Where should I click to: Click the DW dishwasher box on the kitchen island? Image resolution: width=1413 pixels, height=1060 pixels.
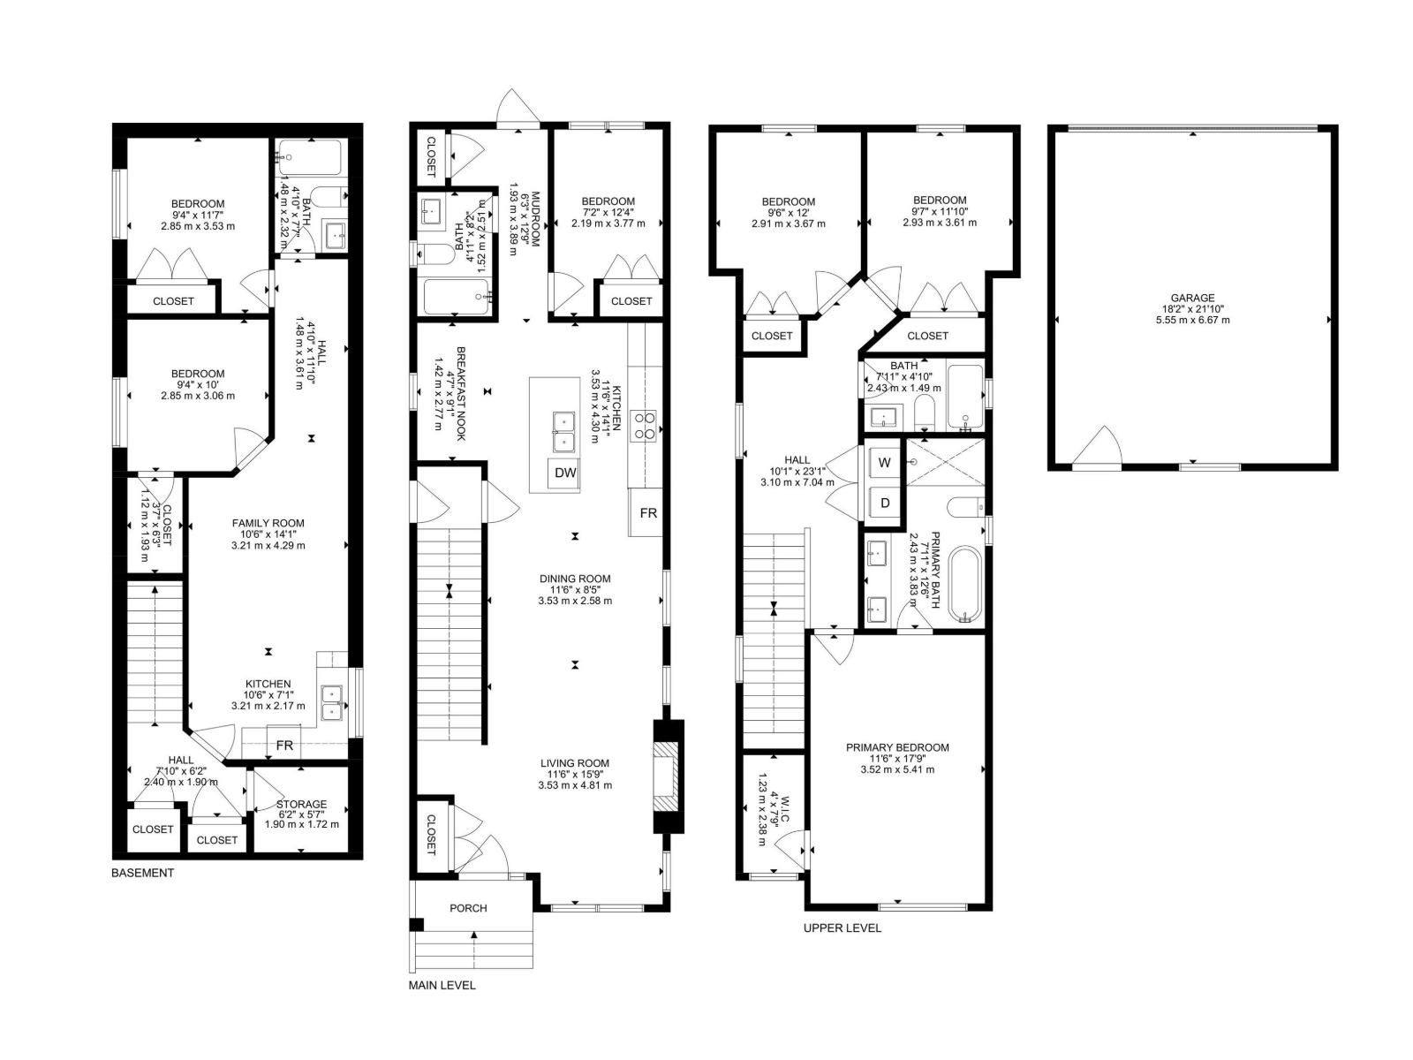tap(565, 473)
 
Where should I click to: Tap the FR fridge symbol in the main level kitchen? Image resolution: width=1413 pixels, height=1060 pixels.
tap(648, 512)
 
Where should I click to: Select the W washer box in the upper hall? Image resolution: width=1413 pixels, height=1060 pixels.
tap(885, 463)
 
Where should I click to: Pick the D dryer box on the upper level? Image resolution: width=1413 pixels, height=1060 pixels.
tap(885, 503)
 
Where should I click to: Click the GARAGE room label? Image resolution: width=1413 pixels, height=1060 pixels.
tap(1193, 298)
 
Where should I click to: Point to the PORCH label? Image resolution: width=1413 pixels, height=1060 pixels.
tap(468, 907)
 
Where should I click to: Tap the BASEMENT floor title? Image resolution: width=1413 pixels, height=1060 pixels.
tap(143, 873)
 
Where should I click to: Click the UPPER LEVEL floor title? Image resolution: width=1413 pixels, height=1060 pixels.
tap(842, 927)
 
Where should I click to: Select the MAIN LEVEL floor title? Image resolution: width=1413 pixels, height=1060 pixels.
tap(442, 985)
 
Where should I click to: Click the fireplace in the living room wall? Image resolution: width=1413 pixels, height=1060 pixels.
tap(668, 776)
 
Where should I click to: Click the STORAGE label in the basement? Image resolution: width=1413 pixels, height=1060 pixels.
tap(301, 804)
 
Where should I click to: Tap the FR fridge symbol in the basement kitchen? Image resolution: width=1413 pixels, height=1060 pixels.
tap(284, 746)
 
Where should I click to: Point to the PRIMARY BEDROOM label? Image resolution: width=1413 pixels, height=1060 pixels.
tap(897, 747)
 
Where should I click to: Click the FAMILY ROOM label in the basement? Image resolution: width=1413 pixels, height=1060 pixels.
tap(268, 523)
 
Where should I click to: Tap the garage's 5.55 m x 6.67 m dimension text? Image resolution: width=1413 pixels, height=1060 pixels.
tap(1193, 320)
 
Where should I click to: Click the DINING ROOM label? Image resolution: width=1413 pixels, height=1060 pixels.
tap(575, 579)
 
